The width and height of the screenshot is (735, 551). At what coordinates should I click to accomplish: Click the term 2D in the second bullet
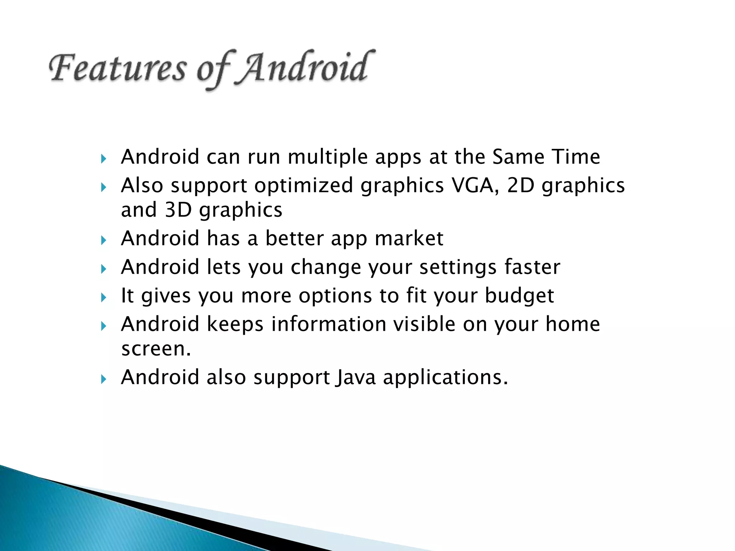tap(520, 186)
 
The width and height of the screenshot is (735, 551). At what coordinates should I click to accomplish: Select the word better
tap(294, 239)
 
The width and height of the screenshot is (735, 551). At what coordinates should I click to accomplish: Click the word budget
tap(519, 296)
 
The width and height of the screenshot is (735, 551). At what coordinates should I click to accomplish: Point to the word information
tap(328, 324)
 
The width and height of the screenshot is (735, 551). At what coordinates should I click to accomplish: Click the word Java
tap(356, 378)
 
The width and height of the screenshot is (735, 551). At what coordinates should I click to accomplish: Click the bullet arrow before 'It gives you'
tap(104, 297)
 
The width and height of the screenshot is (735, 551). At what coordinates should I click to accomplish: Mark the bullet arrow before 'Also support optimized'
tap(104, 187)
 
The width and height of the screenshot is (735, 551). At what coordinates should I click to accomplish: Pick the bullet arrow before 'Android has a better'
tap(104, 240)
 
